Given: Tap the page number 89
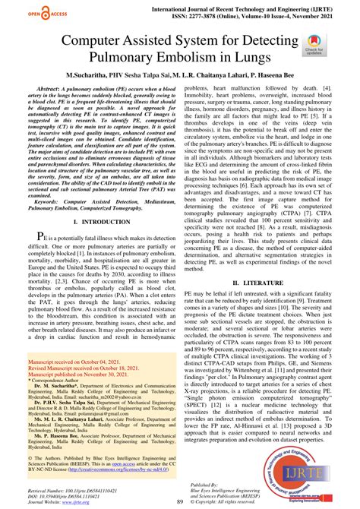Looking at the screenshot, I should point(180,502).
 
